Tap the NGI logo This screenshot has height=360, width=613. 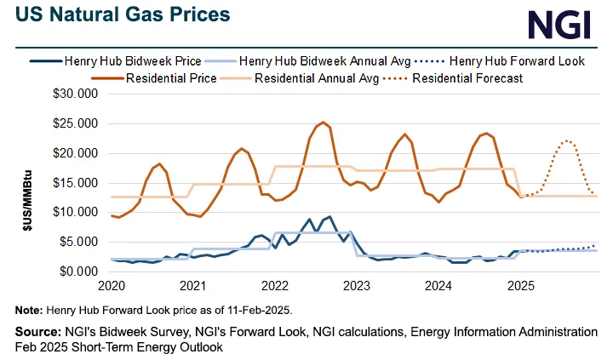tap(559, 25)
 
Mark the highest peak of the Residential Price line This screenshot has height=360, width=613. tap(323, 123)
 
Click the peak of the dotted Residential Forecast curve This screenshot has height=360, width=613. tap(565, 141)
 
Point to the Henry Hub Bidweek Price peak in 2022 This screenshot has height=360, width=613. tap(329, 216)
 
